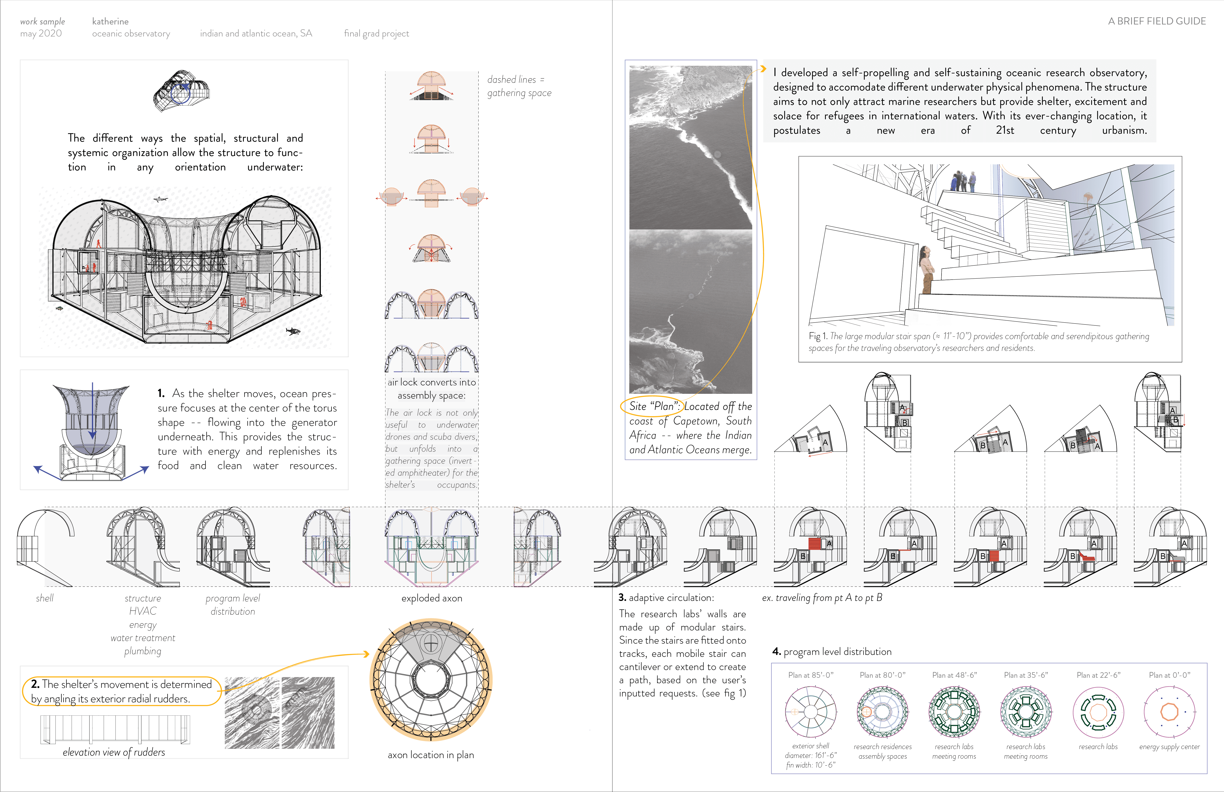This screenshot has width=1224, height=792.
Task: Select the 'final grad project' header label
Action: pos(377,33)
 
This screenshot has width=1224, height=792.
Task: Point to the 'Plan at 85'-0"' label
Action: pos(810,675)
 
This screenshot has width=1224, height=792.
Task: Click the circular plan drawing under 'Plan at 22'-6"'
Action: pos(1098,712)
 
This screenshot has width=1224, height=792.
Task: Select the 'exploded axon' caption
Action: pos(432,598)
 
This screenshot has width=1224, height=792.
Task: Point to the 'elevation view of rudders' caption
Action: pos(114,752)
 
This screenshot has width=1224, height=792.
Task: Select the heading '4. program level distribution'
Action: pos(832,652)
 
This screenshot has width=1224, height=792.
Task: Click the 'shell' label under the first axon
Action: pos(45,598)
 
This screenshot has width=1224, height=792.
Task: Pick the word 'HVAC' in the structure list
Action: pos(143,611)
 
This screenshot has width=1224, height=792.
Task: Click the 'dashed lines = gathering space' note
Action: pos(518,86)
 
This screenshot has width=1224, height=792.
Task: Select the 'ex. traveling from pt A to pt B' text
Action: pos(822,598)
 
